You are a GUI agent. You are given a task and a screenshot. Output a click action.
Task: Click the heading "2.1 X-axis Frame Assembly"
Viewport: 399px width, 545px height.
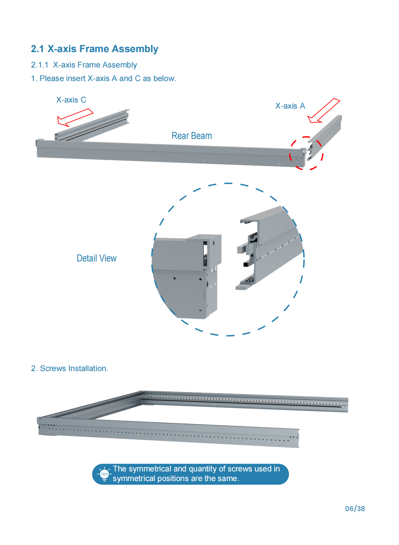pyautogui.click(x=94, y=49)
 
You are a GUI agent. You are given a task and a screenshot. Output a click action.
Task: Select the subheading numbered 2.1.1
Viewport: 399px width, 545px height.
pyautogui.click(x=84, y=65)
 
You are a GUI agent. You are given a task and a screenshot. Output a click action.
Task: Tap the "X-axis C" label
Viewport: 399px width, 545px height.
pyautogui.click(x=71, y=100)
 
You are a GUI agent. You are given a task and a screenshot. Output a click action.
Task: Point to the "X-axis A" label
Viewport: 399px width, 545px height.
pyautogui.click(x=290, y=106)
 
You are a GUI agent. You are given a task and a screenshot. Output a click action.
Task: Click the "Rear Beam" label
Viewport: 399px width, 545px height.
pyautogui.click(x=192, y=136)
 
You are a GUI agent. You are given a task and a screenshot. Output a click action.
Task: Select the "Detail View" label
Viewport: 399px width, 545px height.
pyautogui.click(x=96, y=258)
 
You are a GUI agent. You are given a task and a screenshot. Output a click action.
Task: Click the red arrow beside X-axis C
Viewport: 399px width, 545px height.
pyautogui.click(x=75, y=117)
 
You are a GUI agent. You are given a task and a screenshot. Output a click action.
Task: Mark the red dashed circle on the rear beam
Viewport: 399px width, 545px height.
pyautogui.click(x=306, y=153)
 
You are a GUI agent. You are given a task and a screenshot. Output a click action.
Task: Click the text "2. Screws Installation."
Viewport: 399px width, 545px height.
pyautogui.click(x=69, y=369)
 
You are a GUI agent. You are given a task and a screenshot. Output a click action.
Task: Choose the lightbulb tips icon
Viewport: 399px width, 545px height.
pyautogui.click(x=104, y=474)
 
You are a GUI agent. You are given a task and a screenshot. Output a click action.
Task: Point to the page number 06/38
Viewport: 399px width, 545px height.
pyautogui.click(x=355, y=509)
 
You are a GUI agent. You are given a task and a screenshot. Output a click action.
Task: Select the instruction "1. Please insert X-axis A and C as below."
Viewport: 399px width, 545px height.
pyautogui.click(x=103, y=79)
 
